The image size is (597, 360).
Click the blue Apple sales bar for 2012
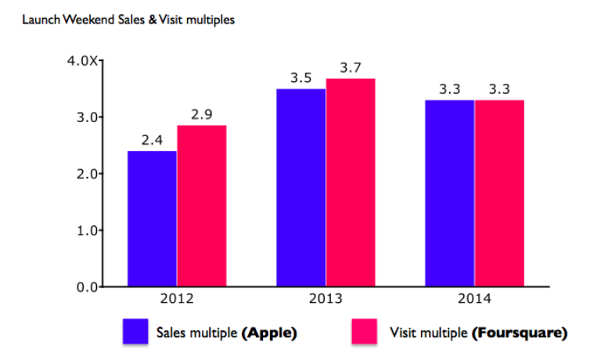(152, 218)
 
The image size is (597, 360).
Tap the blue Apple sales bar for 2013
(301, 188)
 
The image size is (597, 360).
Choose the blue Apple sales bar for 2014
(450, 193)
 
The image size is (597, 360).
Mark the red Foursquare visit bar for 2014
(499, 193)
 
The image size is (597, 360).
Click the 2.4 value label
(152, 141)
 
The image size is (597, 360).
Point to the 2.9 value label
(202, 115)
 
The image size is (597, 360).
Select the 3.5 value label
(301, 78)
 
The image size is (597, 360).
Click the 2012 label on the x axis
(177, 299)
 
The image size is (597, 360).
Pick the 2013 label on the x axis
(326, 299)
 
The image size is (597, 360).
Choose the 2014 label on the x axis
(475, 299)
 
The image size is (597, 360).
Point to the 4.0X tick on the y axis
(81, 61)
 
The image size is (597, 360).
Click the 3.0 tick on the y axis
(85, 117)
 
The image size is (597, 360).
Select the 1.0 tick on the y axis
(85, 231)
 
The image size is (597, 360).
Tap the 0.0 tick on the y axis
(85, 287)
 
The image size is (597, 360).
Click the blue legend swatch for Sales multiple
(136, 332)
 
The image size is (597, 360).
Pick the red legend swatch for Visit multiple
(365, 332)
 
